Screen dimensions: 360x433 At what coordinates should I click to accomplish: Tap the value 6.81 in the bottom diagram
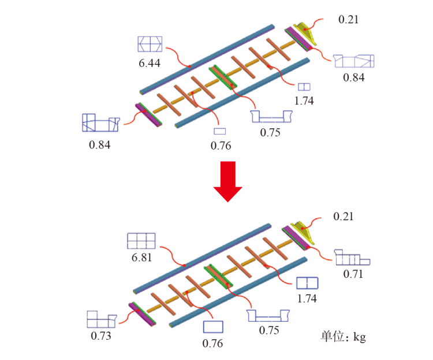tap(141, 257)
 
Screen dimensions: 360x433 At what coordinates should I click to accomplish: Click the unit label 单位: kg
tap(344, 336)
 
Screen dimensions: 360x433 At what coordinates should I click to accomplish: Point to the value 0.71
tap(353, 274)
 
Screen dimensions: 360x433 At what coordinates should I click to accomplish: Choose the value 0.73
tap(100, 335)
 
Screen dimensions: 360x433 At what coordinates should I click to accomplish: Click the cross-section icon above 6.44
tap(150, 43)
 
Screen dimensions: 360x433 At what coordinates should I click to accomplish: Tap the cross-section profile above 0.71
tap(353, 258)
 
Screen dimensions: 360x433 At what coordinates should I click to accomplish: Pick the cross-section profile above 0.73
tap(102, 319)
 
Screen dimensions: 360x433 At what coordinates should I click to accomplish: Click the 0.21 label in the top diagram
tap(348, 20)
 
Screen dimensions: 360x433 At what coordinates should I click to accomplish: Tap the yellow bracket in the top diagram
tap(304, 34)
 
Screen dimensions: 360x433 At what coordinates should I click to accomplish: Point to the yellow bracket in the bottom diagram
tap(300, 231)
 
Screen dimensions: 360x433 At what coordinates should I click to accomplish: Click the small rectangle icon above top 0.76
tap(219, 131)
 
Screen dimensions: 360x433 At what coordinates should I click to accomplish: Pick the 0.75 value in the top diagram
tap(270, 132)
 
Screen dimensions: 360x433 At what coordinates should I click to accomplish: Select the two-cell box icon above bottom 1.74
tap(307, 283)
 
